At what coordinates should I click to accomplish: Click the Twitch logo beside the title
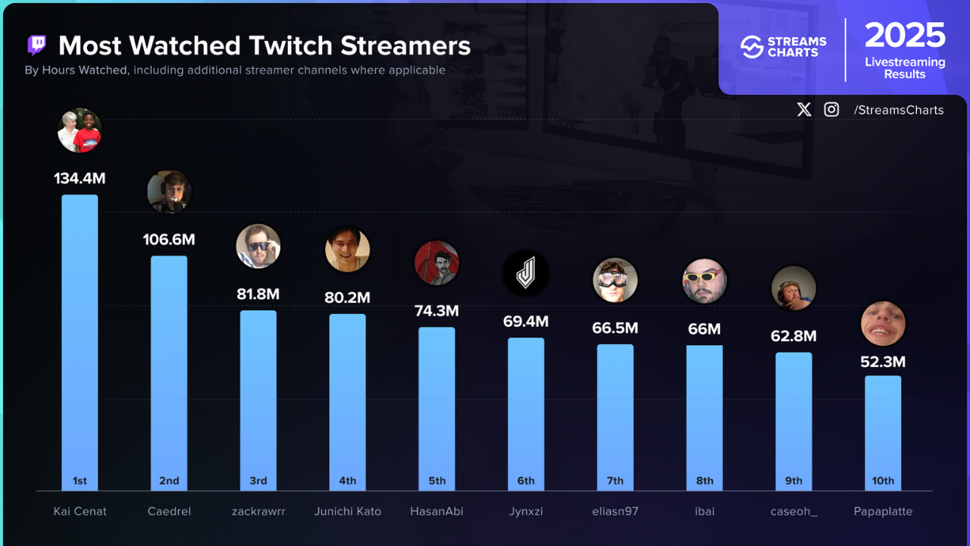(x=36, y=45)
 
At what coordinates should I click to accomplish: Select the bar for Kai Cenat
(x=80, y=341)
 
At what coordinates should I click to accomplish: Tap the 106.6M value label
(x=169, y=240)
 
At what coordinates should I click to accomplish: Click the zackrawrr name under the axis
(x=258, y=511)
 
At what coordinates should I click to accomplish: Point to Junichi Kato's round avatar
(x=347, y=249)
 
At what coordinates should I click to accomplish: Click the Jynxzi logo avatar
(x=526, y=274)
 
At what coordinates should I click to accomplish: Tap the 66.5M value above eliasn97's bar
(x=615, y=328)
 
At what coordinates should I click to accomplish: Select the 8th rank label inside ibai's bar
(x=705, y=481)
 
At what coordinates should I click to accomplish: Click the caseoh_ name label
(x=793, y=511)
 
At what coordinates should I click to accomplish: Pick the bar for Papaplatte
(x=883, y=432)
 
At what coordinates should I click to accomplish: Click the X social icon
(x=804, y=110)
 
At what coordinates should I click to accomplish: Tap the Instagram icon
(x=831, y=110)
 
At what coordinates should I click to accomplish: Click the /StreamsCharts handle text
(x=898, y=110)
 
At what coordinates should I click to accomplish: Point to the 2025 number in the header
(x=905, y=36)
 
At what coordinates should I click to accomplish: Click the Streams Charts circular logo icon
(x=751, y=47)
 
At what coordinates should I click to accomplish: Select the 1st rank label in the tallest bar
(x=80, y=481)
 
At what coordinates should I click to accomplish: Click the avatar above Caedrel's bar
(x=169, y=191)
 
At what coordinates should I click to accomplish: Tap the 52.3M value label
(x=883, y=362)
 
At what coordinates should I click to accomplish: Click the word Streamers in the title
(x=405, y=45)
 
